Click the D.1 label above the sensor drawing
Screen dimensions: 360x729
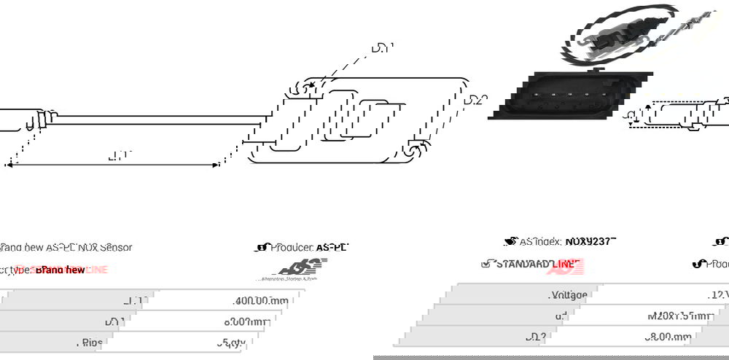coord(383,49)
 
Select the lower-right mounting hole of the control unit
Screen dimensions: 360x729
coord(413,150)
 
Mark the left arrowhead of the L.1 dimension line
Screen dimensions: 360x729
coord(9,165)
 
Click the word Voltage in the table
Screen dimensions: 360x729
coord(568,295)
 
